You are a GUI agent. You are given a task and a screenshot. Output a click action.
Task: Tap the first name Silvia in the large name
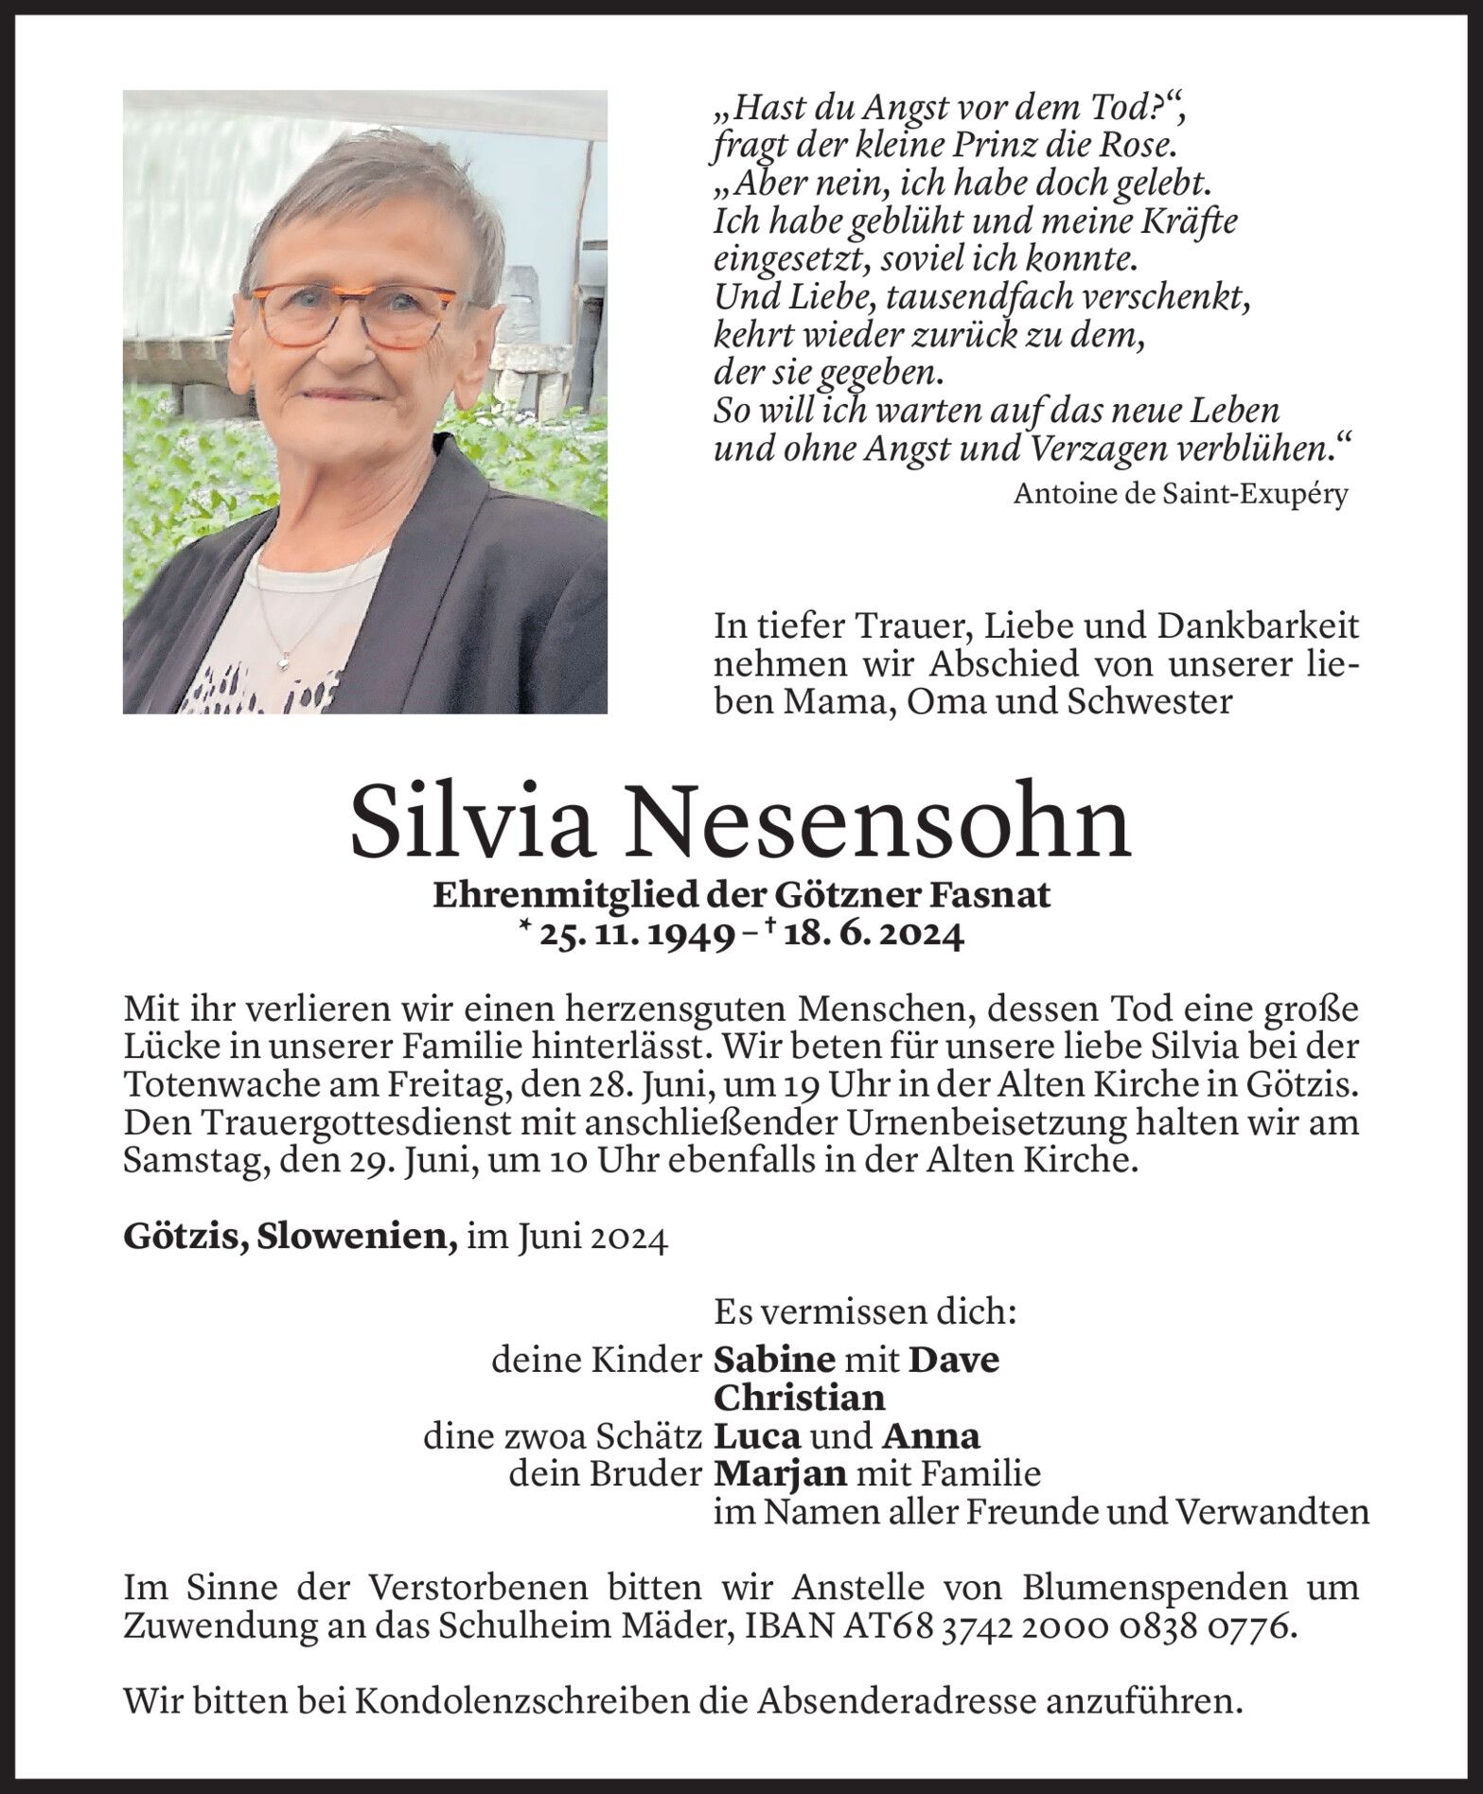[476, 821]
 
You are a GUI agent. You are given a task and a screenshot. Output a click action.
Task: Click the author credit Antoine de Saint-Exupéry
[1180, 494]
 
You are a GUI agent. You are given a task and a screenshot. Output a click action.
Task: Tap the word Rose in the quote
[1129, 146]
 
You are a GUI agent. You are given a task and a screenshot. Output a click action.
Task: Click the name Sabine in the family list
[773, 1361]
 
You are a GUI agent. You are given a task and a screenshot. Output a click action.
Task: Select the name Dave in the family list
[953, 1361]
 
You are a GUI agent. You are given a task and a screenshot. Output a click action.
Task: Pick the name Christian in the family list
[799, 1398]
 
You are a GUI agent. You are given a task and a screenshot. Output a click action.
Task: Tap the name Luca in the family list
[757, 1436]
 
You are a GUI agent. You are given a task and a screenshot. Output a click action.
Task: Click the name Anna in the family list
[930, 1436]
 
